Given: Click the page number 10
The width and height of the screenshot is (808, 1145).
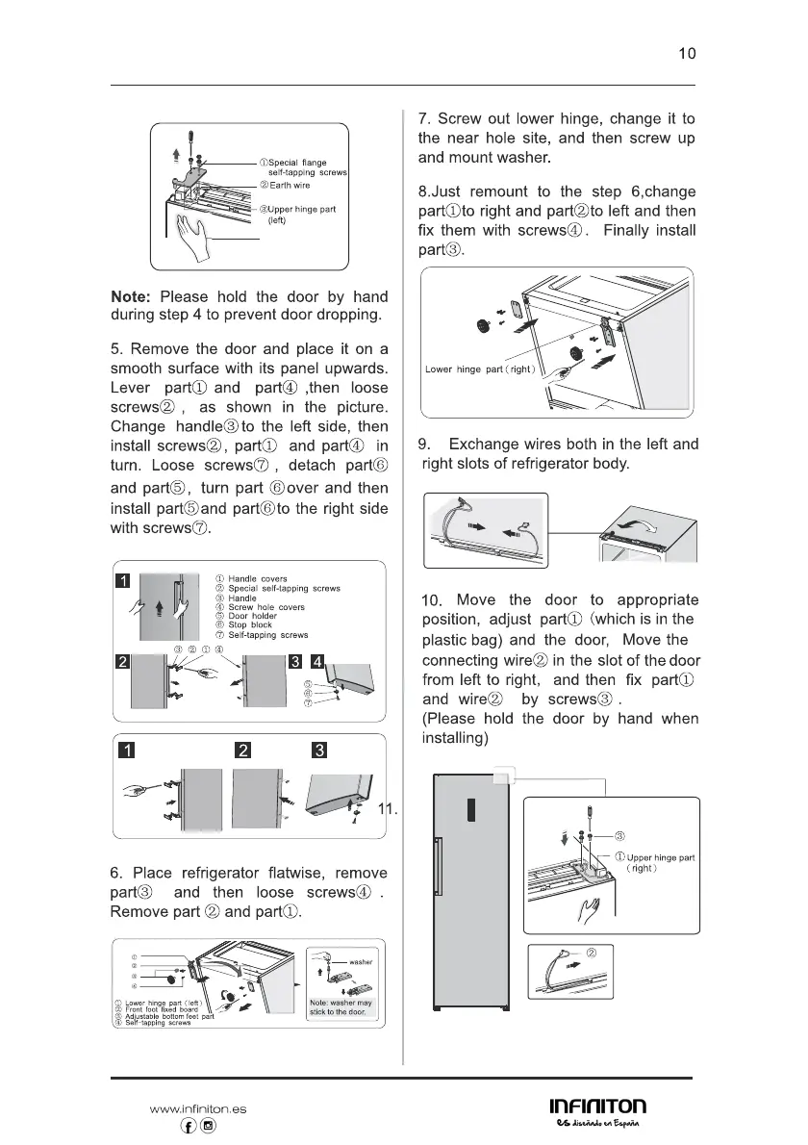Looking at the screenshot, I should (687, 54).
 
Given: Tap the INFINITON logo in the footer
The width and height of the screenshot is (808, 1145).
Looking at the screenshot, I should (597, 1108).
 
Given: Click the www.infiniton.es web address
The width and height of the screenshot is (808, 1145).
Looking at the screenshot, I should (198, 1108).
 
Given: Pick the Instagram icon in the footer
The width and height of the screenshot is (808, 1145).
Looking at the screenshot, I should (208, 1126).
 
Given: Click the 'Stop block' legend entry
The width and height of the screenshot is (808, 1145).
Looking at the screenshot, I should (249, 625).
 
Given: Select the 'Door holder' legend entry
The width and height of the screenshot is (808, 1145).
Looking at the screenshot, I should (252, 616).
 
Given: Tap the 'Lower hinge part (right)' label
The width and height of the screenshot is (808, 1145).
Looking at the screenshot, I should (485, 369).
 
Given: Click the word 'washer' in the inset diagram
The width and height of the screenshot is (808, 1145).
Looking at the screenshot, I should (361, 961).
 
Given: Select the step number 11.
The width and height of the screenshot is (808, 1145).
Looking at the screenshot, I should (388, 809).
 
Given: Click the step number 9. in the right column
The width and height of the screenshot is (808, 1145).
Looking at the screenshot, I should (427, 445).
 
